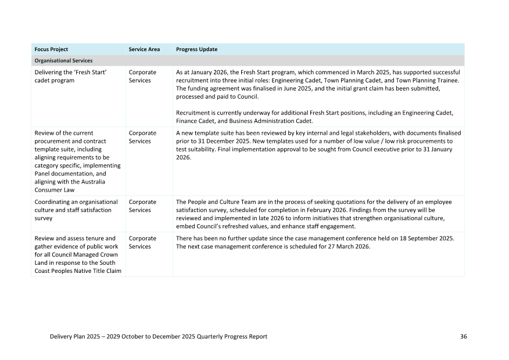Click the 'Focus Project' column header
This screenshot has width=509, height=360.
pyautogui.click(x=51, y=49)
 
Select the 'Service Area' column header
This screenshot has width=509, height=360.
pyautogui.click(x=144, y=49)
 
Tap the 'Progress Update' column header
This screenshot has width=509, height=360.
pyautogui.click(x=196, y=49)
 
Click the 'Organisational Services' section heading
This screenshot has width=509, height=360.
pyautogui.click(x=63, y=60)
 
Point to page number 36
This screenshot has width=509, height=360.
pyautogui.click(x=463, y=337)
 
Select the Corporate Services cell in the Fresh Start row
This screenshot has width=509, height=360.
pyautogui.click(x=142, y=77)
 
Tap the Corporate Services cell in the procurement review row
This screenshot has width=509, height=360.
pyautogui.click(x=142, y=137)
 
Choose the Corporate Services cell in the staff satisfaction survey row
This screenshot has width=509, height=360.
pyautogui.click(x=142, y=206)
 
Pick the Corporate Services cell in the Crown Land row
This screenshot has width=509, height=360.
pyautogui.click(x=142, y=242)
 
